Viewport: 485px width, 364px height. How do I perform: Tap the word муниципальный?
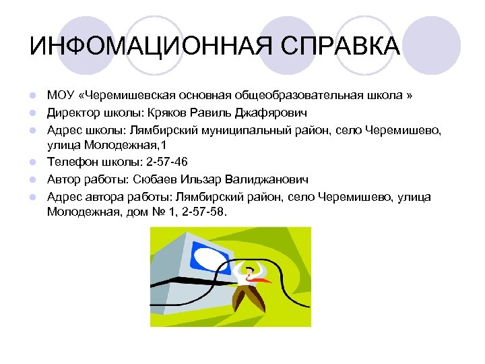(226, 128)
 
